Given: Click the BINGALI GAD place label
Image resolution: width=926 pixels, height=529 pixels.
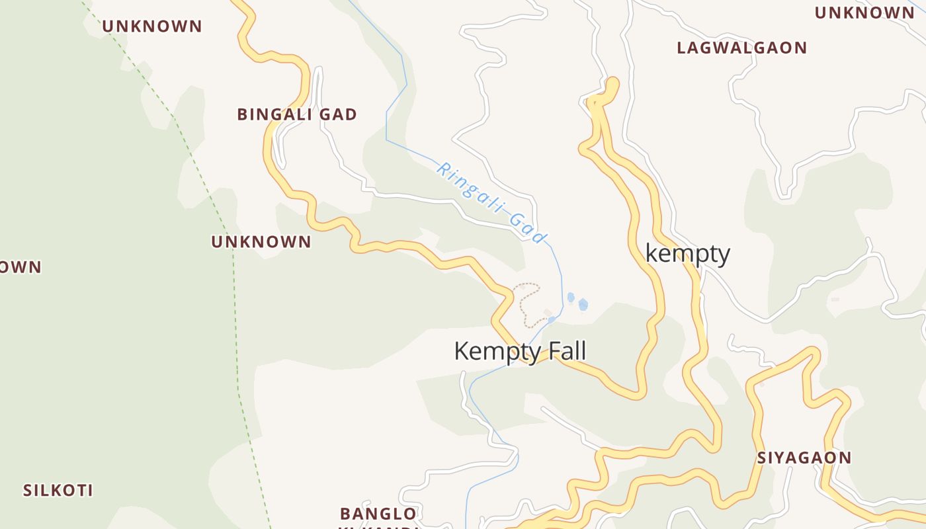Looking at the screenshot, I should pos(297,114).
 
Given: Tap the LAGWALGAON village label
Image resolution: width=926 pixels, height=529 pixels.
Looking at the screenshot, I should pos(741,48).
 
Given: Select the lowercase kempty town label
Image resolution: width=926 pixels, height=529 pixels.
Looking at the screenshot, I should pos(687,254).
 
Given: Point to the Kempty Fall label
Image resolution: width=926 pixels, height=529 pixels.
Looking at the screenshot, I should pos(520,351).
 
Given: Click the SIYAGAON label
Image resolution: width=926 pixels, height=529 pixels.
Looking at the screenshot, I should pos(804,458).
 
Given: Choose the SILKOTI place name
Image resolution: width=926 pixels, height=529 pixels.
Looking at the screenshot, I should pos(58,491).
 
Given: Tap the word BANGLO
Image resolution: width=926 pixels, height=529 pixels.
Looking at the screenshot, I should pos(378,514).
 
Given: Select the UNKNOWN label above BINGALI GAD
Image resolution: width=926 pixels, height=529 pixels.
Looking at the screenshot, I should pos(151,26).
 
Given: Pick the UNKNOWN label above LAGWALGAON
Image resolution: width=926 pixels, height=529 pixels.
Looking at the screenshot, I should pos(864,13).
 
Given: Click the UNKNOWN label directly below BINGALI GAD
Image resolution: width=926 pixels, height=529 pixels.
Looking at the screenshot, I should pos(261,242).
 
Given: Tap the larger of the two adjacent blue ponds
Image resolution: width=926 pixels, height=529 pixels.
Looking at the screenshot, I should pos(583,304).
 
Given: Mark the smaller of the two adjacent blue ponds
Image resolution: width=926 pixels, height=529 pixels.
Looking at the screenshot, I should pos(571,298).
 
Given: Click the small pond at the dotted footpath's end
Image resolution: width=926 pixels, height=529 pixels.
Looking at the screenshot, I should pos(552,320).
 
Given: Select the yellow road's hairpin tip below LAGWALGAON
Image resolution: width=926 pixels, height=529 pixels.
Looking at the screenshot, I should pos(612,83).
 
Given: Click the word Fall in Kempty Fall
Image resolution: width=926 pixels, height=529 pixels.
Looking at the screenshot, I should pos(564,351).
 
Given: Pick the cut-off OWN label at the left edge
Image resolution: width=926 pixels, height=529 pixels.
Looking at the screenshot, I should pos(20,267).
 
